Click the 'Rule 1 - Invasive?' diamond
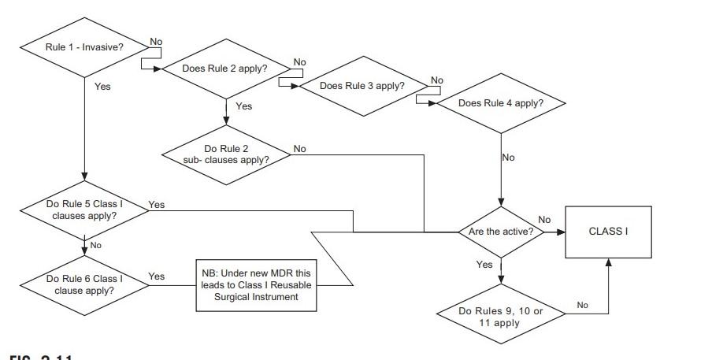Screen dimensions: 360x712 [83, 47]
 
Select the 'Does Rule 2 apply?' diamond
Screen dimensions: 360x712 [225, 69]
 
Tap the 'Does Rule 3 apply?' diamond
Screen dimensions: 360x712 [363, 85]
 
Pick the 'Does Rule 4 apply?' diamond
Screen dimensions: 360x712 [501, 103]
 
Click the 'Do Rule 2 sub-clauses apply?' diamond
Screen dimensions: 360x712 [226, 154]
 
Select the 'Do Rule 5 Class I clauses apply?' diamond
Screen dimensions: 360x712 [83, 210]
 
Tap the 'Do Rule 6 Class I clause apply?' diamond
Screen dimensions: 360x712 [83, 284]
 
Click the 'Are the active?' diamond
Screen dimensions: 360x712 [501, 232]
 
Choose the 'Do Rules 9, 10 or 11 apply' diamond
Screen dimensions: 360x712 [501, 317]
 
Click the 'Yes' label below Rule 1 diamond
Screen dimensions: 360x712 [102, 87]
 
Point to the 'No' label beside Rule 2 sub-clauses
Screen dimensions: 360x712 [300, 148]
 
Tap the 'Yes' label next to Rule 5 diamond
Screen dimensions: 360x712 [157, 205]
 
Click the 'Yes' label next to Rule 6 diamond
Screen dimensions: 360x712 [157, 276]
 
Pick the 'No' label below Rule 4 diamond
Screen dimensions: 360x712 [508, 158]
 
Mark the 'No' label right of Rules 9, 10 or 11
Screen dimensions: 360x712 [582, 305]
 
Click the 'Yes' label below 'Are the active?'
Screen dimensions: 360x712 [484, 265]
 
